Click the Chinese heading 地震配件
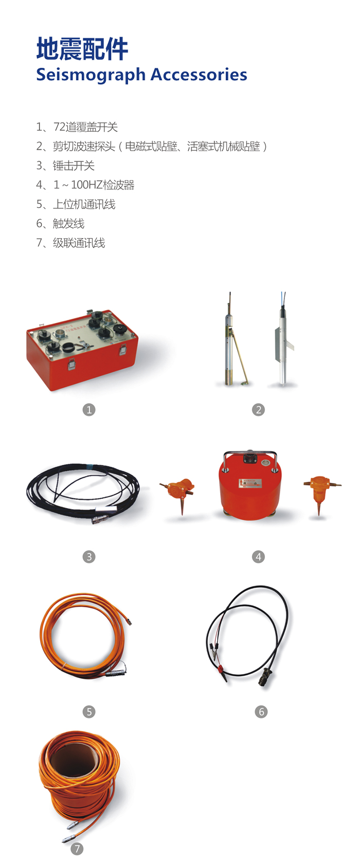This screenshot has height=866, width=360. point(82,49)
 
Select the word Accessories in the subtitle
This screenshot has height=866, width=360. point(199,74)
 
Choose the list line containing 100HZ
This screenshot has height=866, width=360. point(85,185)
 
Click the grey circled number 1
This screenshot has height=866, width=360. point(89,410)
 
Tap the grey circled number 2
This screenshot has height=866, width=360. point(258,410)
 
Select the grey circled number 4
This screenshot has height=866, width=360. point(258,557)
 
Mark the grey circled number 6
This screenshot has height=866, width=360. point(261,712)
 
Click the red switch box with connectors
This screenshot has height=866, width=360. point(82,350)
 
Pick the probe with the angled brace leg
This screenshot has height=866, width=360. point(233,340)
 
